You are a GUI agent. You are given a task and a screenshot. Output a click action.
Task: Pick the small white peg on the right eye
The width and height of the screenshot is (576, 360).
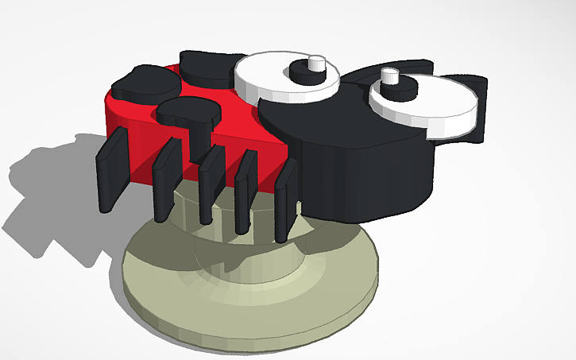(x=389, y=76)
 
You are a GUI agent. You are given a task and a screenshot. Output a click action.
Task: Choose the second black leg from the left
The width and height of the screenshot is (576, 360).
(x=166, y=179)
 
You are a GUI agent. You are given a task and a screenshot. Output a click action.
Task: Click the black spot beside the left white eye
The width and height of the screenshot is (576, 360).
(x=208, y=67)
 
